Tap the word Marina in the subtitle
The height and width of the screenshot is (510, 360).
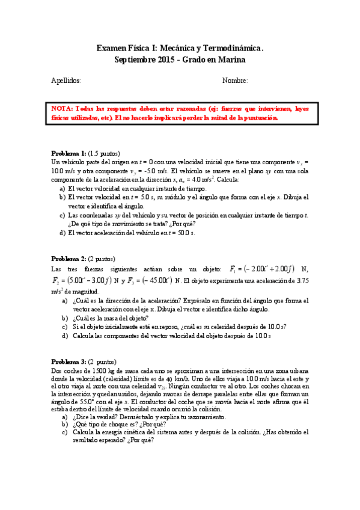232,60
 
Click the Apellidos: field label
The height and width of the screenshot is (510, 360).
67,81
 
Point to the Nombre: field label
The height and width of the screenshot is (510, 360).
235,81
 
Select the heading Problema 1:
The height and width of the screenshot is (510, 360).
69,153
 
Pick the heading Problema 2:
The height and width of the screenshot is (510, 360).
69,259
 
